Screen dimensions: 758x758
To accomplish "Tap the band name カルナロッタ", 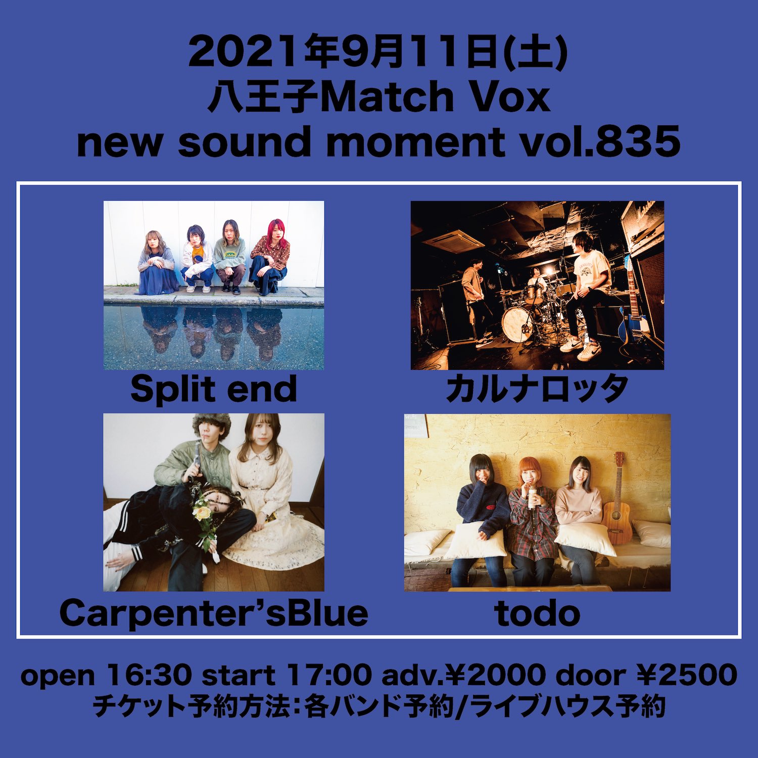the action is pos(537,390).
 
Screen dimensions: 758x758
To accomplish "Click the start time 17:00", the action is pos(329,675).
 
